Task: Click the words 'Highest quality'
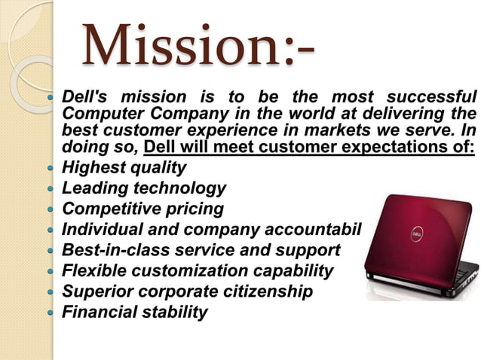point(124,167)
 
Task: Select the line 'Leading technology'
point(143,188)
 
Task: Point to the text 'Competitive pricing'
point(142,209)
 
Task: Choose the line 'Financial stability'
point(134,312)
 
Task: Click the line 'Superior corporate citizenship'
point(187,291)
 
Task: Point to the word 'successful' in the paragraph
point(431,98)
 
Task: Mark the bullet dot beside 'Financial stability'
point(51,313)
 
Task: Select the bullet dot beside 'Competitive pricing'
point(51,209)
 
